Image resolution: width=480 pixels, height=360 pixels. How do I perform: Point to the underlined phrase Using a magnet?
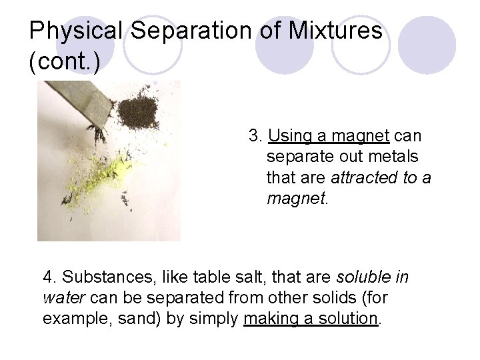pyautogui.click(x=329, y=137)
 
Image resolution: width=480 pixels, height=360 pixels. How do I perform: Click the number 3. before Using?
pyautogui.click(x=255, y=137)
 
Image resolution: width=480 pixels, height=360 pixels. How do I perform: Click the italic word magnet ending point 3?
pyautogui.click(x=294, y=199)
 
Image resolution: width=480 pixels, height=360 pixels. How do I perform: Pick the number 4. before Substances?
pyautogui.click(x=49, y=277)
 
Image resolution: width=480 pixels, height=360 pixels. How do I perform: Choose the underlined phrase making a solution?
pyautogui.click(x=311, y=319)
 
